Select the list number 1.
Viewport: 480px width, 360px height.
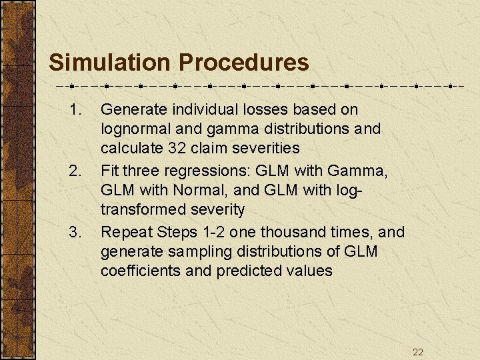[x=75, y=109]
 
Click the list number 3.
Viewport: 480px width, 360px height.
[x=75, y=233]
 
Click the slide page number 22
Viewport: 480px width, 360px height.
[x=417, y=352]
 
